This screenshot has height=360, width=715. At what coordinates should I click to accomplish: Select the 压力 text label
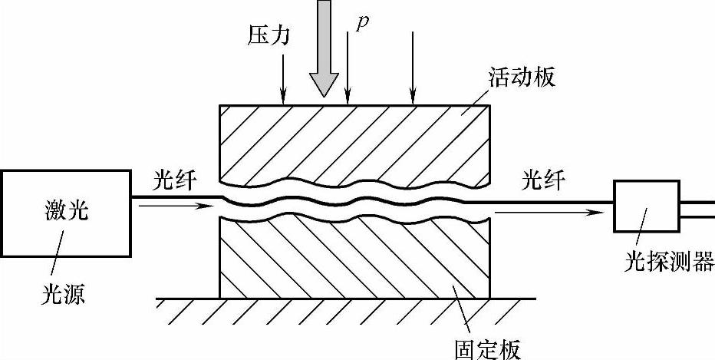269,35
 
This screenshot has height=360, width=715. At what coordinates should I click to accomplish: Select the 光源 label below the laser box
64,294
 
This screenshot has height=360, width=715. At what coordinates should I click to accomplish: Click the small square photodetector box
646,206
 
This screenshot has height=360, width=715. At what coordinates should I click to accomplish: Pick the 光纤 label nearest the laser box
174,182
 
